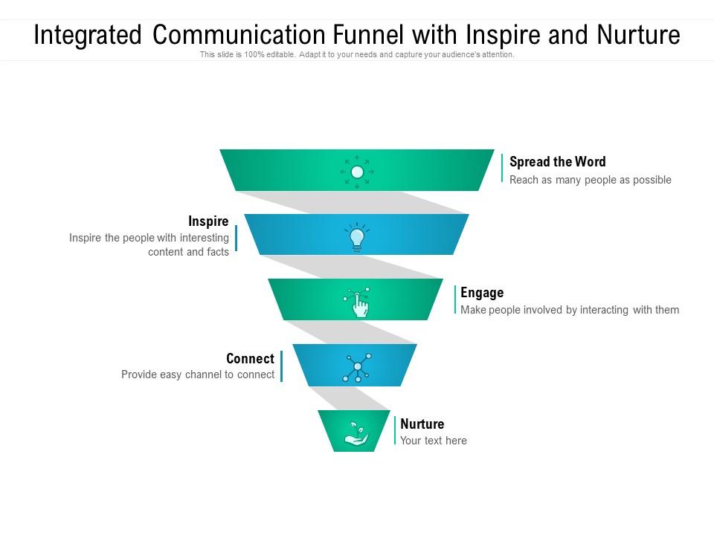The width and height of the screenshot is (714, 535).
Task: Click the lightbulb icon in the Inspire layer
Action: coord(357,237)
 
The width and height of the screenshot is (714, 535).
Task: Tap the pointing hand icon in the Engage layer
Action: coord(358,303)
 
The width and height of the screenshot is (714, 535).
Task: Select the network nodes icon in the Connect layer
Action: coord(357,367)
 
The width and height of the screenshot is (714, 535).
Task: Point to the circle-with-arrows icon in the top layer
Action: coord(357,172)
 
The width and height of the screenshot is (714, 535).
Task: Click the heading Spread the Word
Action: coord(557,162)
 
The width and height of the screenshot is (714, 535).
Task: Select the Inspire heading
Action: coord(208,221)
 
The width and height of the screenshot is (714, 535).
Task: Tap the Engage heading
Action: coord(482,293)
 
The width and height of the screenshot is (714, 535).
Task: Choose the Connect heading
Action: coord(250,359)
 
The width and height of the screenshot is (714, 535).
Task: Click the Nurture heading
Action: coord(422,424)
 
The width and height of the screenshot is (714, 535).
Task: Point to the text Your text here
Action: coord(434,441)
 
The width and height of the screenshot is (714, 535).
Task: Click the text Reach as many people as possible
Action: coord(590,180)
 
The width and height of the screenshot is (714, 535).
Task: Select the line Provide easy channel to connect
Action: coord(198,375)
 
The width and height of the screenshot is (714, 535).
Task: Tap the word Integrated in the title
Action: coord(88,35)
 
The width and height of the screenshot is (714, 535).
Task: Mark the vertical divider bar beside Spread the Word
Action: coord(503,168)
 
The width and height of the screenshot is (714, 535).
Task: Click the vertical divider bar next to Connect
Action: coord(282,366)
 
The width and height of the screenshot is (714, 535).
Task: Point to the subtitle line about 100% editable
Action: coord(357,55)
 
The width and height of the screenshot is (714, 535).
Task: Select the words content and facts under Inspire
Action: coord(188,252)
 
